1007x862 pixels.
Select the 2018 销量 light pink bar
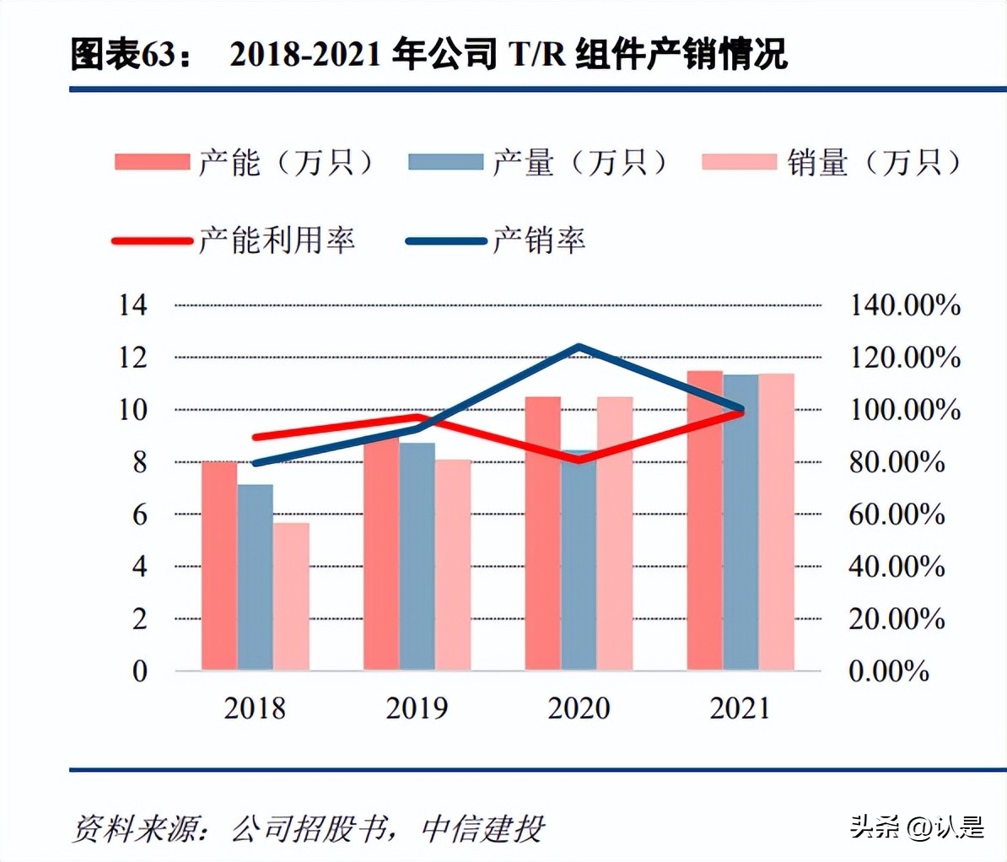pyautogui.click(x=291, y=596)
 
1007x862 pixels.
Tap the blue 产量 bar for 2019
pyautogui.click(x=417, y=557)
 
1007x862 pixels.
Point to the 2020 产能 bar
pyautogui.click(x=542, y=533)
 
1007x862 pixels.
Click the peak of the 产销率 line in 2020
pyautogui.click(x=579, y=347)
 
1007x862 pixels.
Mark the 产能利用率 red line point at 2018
pyautogui.click(x=256, y=437)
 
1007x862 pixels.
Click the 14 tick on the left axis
pyautogui.click(x=132, y=304)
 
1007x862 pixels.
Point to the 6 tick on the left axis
pyautogui.click(x=139, y=514)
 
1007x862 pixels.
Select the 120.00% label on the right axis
pyautogui.click(x=904, y=358)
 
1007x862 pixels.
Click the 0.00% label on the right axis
pyautogui.click(x=889, y=671)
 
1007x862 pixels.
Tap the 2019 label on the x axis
pyautogui.click(x=417, y=708)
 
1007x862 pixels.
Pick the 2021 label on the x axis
pyautogui.click(x=740, y=708)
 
